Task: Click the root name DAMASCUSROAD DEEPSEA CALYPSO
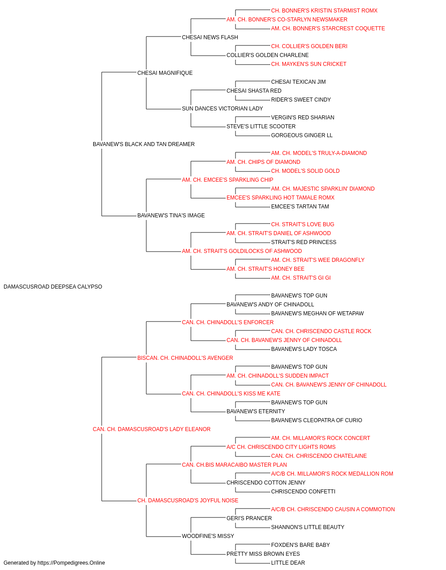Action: pos(53,287)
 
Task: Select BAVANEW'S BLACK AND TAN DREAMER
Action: pos(144,144)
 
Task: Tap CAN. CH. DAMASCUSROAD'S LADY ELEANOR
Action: pos(152,429)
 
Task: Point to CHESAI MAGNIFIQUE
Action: pos(165,73)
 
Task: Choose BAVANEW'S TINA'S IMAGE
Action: pos(171,216)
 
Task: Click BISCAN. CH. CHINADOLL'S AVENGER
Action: pos(185,358)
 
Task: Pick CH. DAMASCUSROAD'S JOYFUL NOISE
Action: pos(188,500)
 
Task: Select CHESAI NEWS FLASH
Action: pos(210,37)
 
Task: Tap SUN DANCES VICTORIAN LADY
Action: pos(223,109)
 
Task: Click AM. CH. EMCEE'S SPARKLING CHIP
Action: pos(227,179)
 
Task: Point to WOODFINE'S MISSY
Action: pos(208,536)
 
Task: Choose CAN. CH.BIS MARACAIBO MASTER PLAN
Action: pos(234,465)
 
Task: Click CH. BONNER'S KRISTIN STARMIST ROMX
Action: pos(324,11)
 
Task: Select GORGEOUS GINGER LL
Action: pos(302,135)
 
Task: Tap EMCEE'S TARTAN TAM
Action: pos(300,207)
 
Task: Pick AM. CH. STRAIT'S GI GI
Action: pos(301,278)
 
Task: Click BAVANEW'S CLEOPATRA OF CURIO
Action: pos(317,420)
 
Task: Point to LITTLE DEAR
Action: pos(288,563)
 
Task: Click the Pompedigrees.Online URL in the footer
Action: pos(71,563)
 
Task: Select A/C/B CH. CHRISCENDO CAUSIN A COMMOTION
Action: pos(333,509)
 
